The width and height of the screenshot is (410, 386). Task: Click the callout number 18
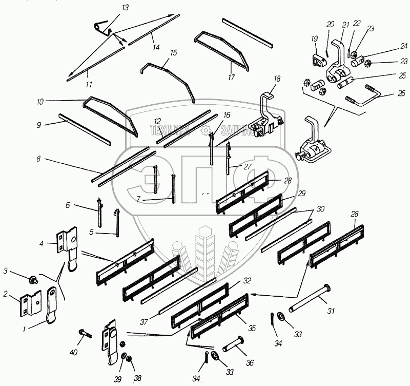277,79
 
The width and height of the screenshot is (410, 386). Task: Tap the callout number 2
6,294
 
